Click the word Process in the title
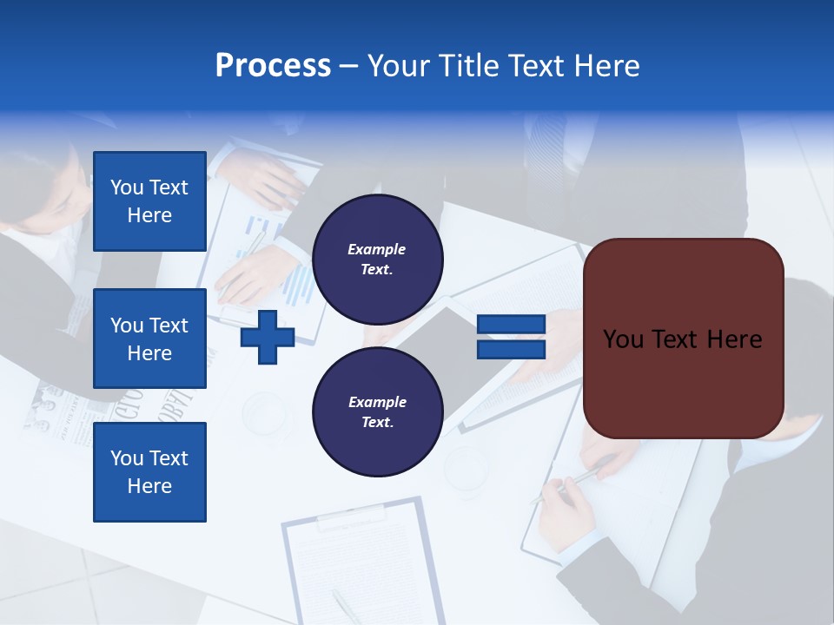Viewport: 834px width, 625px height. click(273, 66)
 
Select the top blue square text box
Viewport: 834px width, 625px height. click(149, 201)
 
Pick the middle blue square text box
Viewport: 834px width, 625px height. click(149, 339)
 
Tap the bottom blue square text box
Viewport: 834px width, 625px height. click(149, 471)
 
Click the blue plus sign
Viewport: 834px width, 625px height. click(268, 338)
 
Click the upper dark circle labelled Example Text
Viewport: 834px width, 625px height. click(377, 259)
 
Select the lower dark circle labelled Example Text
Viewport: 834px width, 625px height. click(377, 412)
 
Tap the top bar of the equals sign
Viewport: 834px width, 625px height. click(511, 325)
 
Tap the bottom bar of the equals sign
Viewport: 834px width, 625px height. click(511, 350)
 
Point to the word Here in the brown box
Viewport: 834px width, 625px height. click(734, 339)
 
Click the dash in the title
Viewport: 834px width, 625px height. click(349, 67)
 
